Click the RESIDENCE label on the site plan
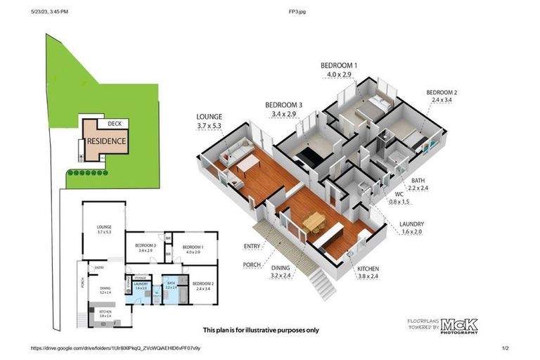point(107,141)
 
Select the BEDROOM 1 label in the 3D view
point(339,65)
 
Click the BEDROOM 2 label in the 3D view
point(442,93)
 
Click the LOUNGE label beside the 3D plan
point(210,117)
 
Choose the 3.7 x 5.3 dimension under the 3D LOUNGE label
point(210,127)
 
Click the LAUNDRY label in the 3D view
point(411,225)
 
